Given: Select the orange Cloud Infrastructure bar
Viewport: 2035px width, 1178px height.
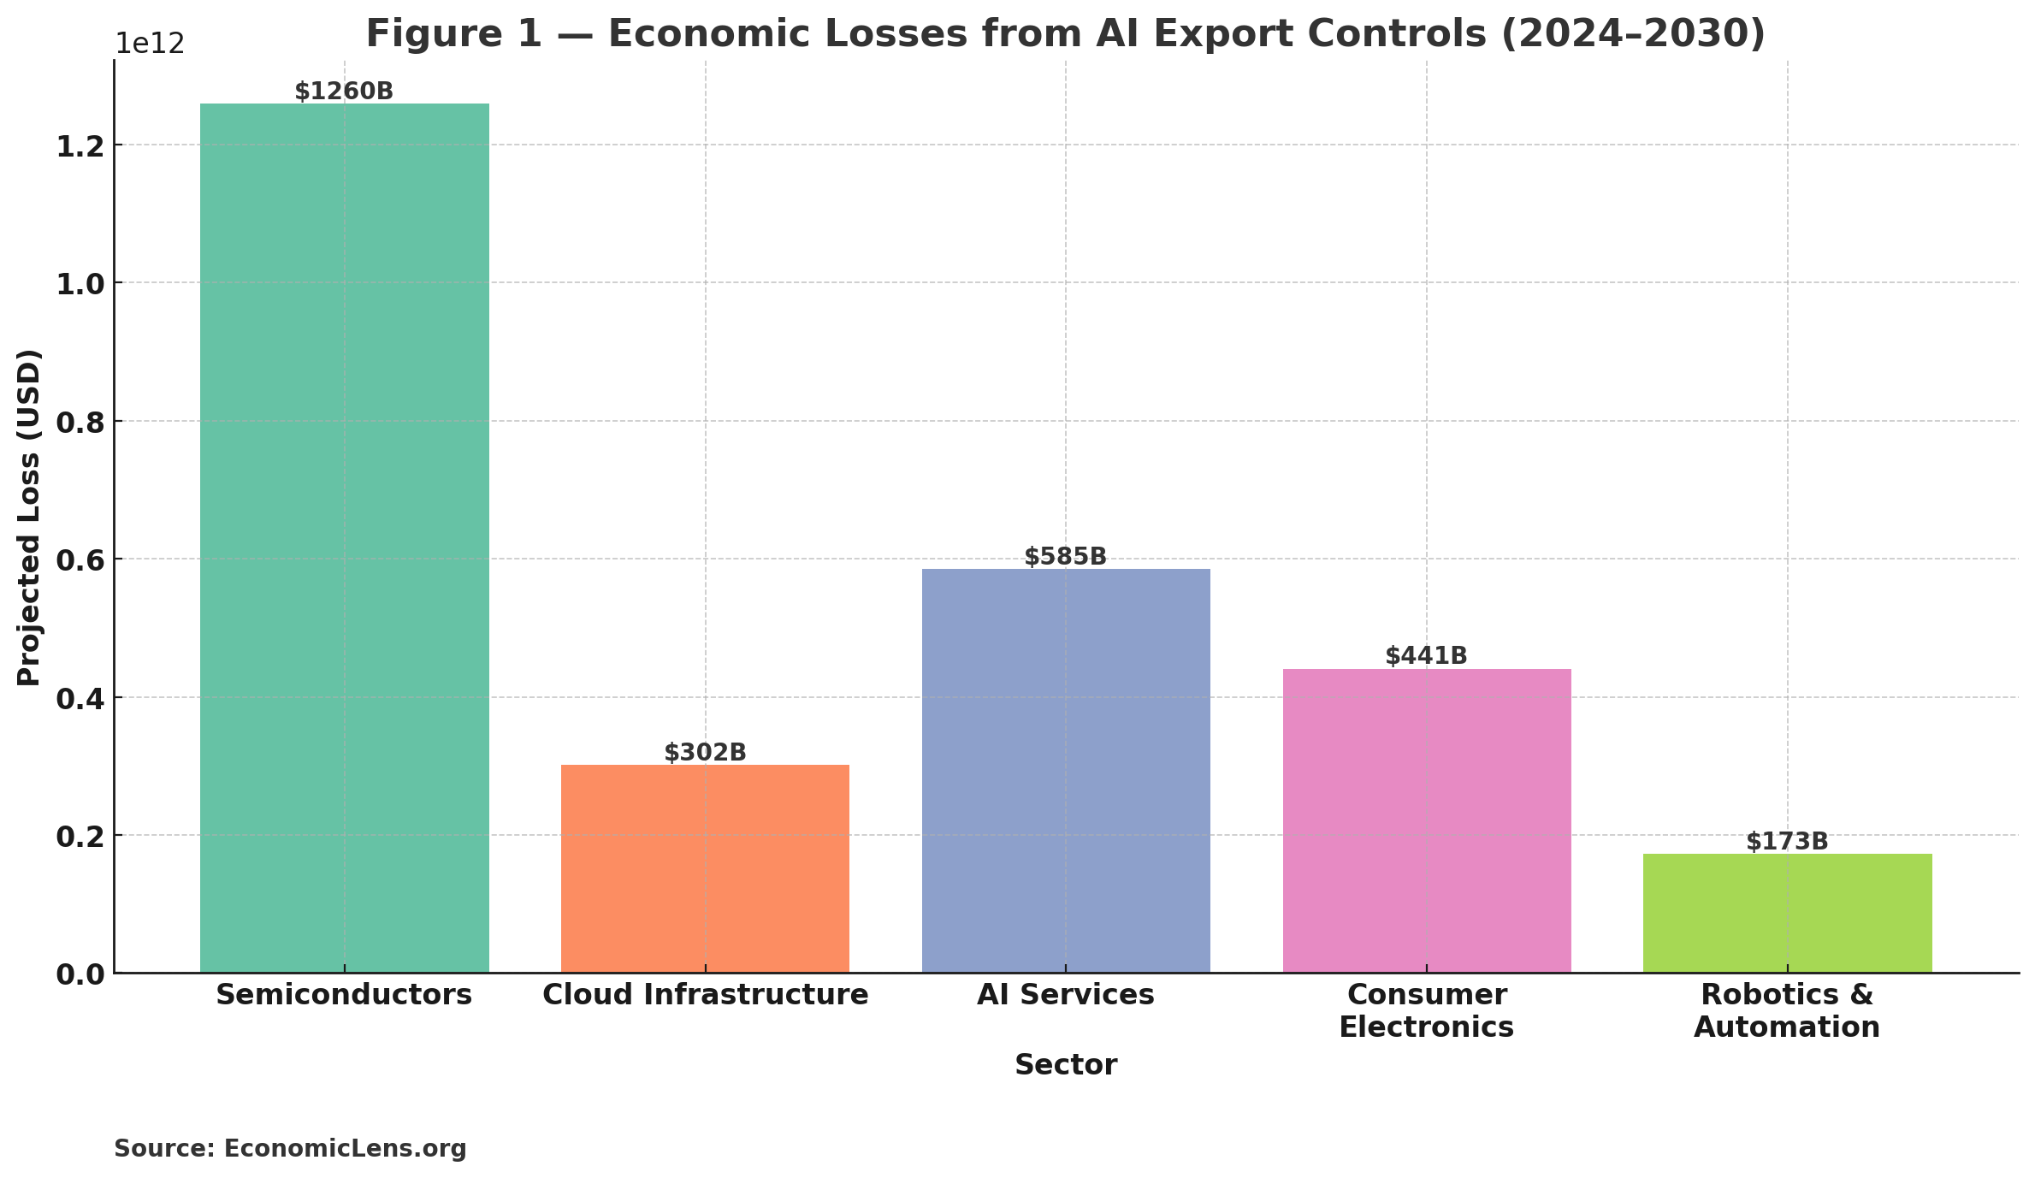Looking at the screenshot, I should click(x=705, y=868).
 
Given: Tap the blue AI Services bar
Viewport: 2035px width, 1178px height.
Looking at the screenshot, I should click(x=1066, y=770).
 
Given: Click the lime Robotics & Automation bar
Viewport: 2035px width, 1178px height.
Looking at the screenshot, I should click(x=1787, y=913).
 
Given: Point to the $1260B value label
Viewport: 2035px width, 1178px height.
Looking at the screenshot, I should click(x=344, y=92).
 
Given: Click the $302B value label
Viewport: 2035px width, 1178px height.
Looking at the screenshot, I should click(x=705, y=753).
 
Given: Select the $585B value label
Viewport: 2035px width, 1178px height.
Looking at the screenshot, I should click(x=1066, y=557).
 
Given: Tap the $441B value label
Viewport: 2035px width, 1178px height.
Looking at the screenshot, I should click(x=1426, y=656).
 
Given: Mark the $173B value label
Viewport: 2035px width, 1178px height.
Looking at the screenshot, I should click(x=1787, y=842).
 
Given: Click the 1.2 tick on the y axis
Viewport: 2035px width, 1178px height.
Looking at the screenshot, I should click(x=80, y=146).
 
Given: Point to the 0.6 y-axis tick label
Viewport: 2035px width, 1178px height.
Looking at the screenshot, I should click(x=80, y=560).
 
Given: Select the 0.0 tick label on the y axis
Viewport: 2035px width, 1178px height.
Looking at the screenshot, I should click(x=80, y=974).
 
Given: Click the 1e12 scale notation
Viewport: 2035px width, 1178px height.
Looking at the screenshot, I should click(x=150, y=44).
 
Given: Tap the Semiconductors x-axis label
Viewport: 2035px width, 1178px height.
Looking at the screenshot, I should click(x=344, y=995).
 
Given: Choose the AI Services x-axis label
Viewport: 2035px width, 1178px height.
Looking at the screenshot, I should click(x=1066, y=995).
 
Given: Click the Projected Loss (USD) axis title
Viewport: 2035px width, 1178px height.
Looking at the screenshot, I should click(x=29, y=517).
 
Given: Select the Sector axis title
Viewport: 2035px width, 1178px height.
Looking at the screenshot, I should click(x=1066, y=1065).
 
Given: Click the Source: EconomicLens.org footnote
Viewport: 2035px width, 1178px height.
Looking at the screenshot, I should click(x=290, y=1148).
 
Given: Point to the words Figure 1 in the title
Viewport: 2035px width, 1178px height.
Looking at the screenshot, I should click(x=453, y=34).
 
